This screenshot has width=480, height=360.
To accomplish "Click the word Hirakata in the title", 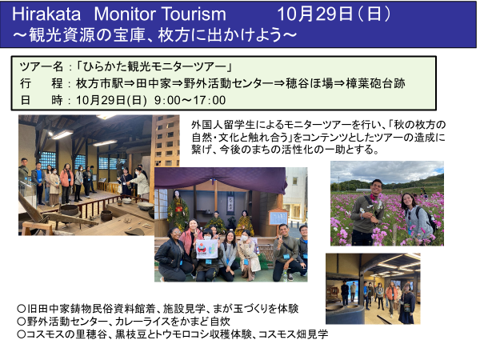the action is click(x=46, y=14).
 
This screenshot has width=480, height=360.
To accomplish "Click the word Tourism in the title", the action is click(x=194, y=14).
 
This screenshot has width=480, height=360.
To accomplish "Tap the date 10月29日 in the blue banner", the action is click(x=315, y=14).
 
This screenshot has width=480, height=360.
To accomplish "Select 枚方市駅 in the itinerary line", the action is click(x=99, y=83).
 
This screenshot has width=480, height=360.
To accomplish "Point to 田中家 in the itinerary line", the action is click(x=154, y=83).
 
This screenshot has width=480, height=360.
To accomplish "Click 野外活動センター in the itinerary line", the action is click(x=228, y=83).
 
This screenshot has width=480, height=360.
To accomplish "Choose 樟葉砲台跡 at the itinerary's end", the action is click(x=376, y=83).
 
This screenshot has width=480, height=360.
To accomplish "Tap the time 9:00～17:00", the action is click(x=190, y=100).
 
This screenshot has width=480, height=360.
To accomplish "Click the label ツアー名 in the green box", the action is click(x=42, y=66).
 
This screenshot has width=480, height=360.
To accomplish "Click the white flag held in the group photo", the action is click(x=207, y=249).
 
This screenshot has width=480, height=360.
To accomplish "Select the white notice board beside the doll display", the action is click(x=278, y=218).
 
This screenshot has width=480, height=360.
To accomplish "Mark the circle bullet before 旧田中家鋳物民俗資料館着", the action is click(x=22, y=308).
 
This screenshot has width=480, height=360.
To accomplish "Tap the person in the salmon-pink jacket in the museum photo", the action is click(x=66, y=183).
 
